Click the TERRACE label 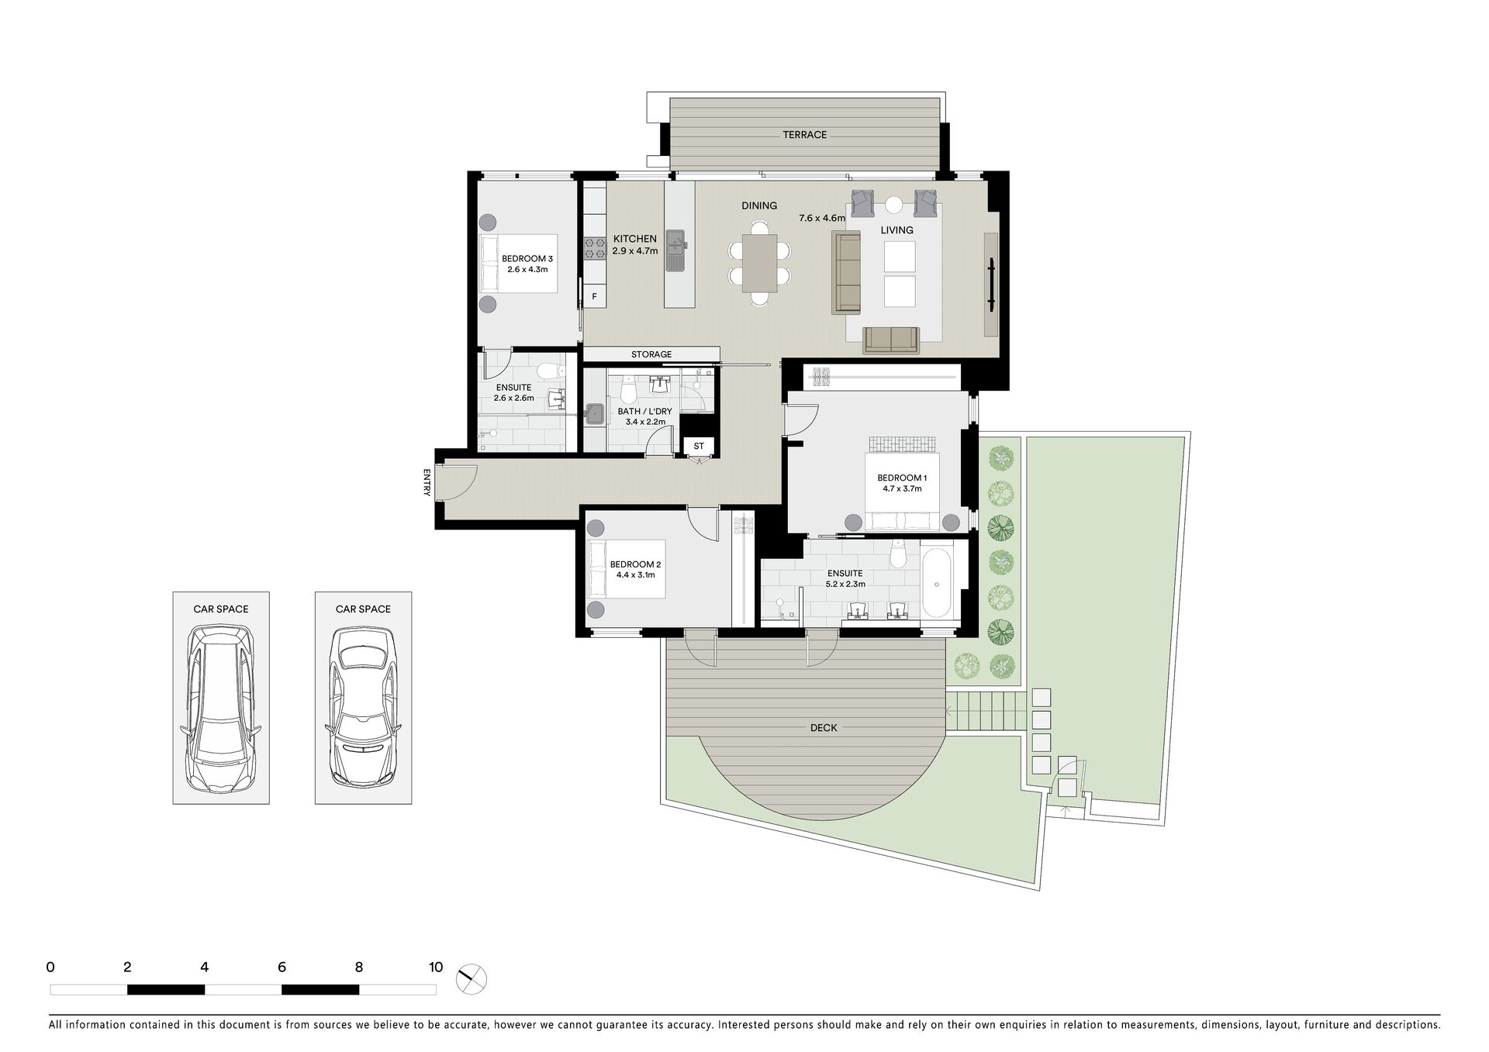point(804,135)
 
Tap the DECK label point(824,728)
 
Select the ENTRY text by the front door point(427,482)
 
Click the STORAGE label point(651,354)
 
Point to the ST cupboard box point(699,446)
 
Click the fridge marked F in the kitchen point(595,296)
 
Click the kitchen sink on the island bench point(677,250)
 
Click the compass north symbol point(472,980)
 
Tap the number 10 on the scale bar point(436,967)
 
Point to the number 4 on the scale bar point(205,967)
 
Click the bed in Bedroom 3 point(519,264)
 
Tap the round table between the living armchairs point(894,205)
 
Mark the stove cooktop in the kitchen point(595,248)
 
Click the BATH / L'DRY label point(645,412)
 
